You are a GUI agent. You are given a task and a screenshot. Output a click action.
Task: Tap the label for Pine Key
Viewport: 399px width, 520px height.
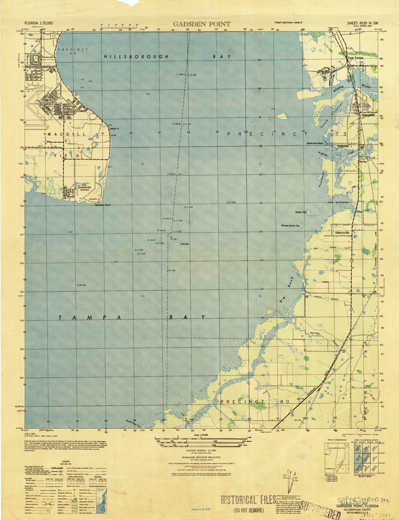(x=185, y=244)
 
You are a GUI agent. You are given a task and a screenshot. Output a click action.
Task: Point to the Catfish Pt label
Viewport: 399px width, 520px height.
(x=114, y=129)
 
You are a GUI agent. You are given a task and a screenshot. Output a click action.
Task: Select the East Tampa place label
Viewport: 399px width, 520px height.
(x=355, y=58)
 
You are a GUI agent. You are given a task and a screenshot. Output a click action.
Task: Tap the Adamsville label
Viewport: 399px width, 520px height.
(x=342, y=233)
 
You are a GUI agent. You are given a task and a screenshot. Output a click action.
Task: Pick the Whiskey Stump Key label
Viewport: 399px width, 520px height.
(x=290, y=226)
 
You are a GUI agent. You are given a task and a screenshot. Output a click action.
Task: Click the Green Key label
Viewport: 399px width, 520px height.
(x=301, y=212)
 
